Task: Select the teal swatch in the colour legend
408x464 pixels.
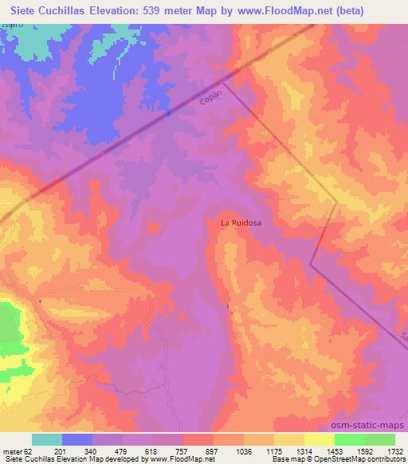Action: point(47,439)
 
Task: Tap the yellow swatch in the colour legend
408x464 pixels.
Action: point(320,439)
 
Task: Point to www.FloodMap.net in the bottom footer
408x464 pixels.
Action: point(178,460)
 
